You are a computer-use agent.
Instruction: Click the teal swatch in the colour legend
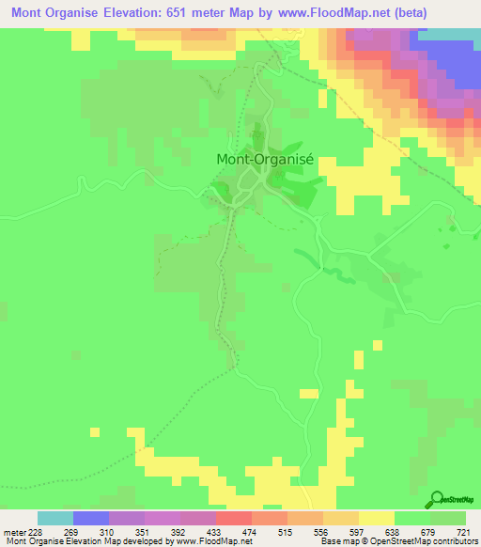[55, 517]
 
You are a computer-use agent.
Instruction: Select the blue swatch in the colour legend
[91, 517]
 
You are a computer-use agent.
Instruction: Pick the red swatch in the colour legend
[233, 517]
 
